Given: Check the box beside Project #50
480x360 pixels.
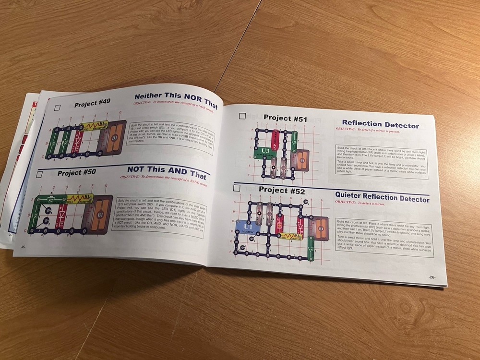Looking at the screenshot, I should point(39,174).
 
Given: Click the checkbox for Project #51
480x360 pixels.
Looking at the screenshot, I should point(242,116).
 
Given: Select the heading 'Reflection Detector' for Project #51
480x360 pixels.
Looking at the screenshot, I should point(380,125).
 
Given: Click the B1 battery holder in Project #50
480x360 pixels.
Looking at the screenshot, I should point(101,215).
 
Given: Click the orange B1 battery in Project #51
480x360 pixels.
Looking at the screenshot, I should point(301,160).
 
